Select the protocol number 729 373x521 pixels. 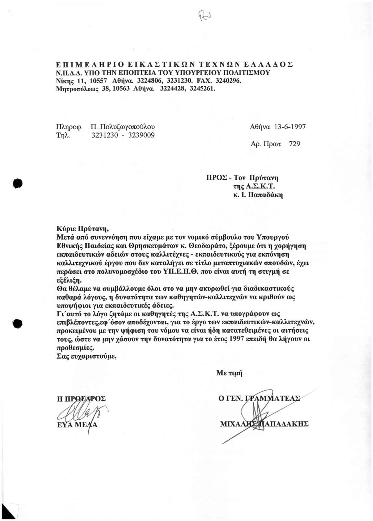[294, 143]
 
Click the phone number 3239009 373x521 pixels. [140, 135]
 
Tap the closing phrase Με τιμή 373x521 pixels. [229, 373]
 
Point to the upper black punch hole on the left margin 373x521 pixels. [17, 184]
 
